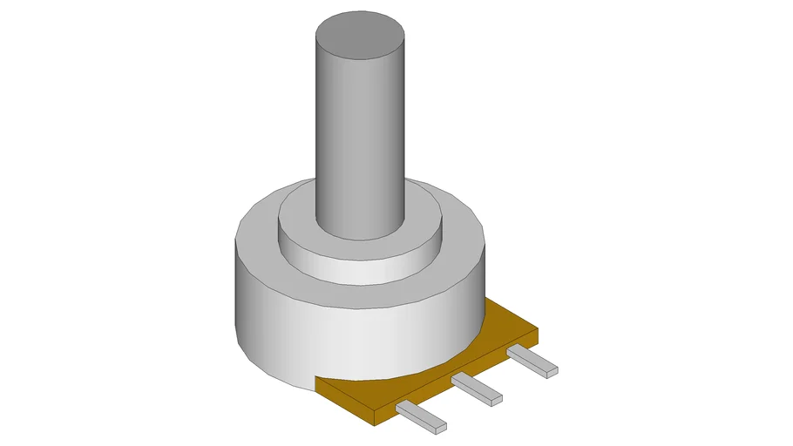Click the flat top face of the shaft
[x=359, y=36]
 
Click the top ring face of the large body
[x=257, y=231]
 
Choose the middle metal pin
[x=477, y=389]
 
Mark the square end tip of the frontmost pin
[x=438, y=428]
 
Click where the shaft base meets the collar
[x=359, y=233]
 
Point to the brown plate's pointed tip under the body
[x=315, y=380]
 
